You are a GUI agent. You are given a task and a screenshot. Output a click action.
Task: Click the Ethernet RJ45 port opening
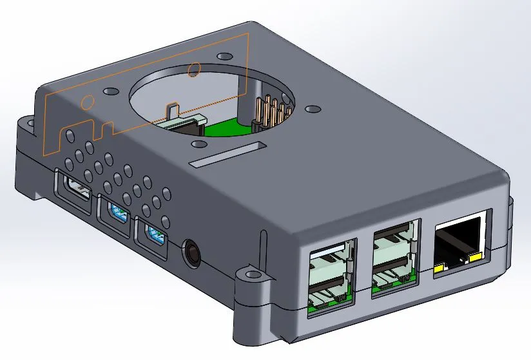coord(459,242)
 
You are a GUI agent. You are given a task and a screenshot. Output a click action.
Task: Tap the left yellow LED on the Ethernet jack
coord(440,267)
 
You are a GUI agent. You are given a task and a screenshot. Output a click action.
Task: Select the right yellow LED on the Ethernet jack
coord(476,258)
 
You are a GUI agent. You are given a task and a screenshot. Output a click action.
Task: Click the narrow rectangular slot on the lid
coord(228,155)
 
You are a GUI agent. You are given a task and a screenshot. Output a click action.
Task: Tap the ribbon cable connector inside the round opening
coord(187,122)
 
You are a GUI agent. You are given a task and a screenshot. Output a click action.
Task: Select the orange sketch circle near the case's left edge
coord(87,102)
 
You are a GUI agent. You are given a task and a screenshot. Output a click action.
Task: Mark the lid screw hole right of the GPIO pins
coord(313,110)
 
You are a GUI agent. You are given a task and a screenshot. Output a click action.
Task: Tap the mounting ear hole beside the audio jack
coord(248,278)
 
